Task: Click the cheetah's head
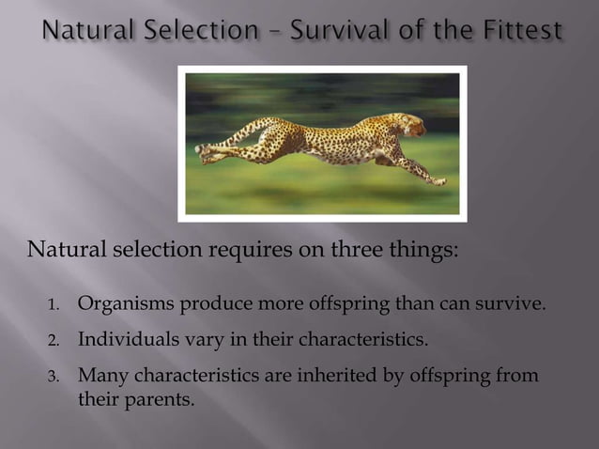click(x=410, y=125)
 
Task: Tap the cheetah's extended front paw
click(x=438, y=180)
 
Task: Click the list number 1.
click(x=54, y=305)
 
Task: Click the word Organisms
click(x=119, y=304)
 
